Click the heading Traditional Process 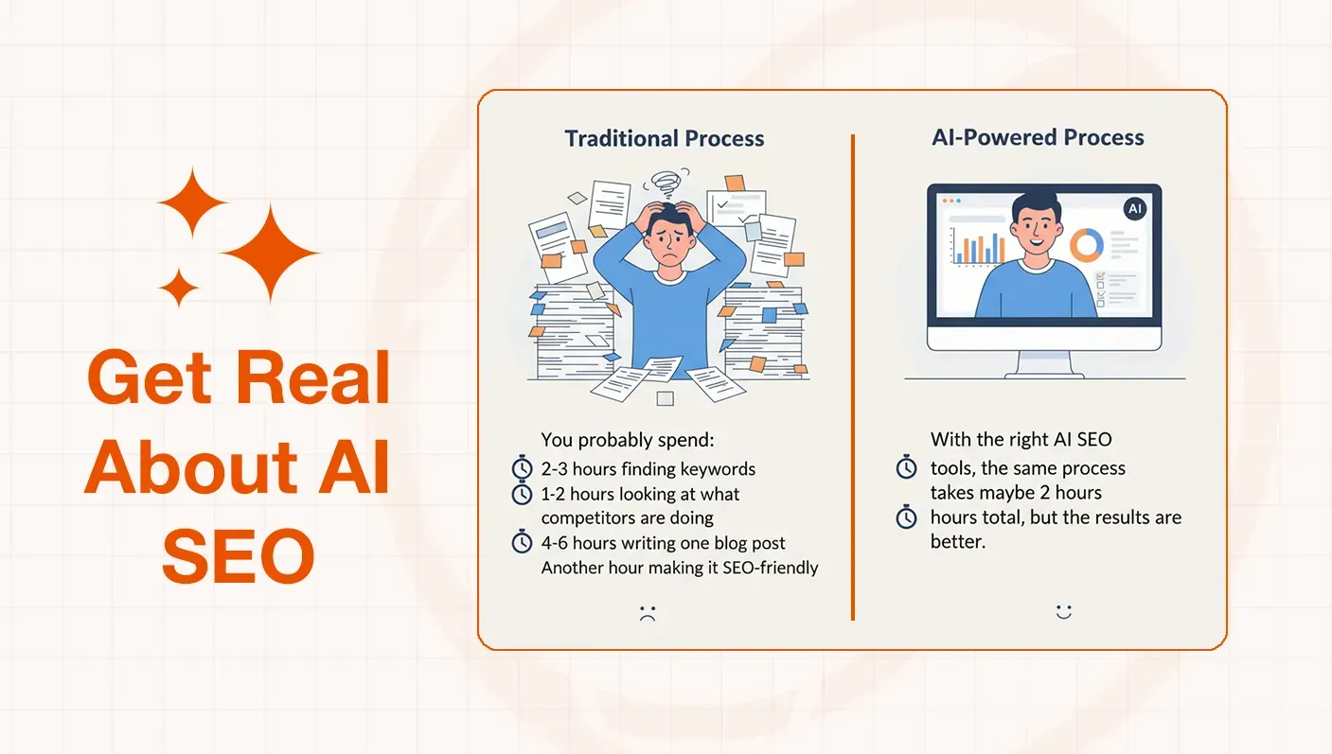coord(664,138)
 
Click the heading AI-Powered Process coord(1038,137)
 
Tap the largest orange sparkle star coord(270,253)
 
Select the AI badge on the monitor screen coord(1134,209)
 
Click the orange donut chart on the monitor coord(1087,246)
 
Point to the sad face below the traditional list coord(648,612)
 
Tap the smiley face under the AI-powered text coord(1063,612)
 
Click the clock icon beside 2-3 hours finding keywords coord(522,468)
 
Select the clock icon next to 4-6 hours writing coord(522,542)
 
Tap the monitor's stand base coord(1044,372)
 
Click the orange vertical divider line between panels coord(853,378)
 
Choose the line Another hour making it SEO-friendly coord(679,568)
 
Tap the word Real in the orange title coord(313,378)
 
